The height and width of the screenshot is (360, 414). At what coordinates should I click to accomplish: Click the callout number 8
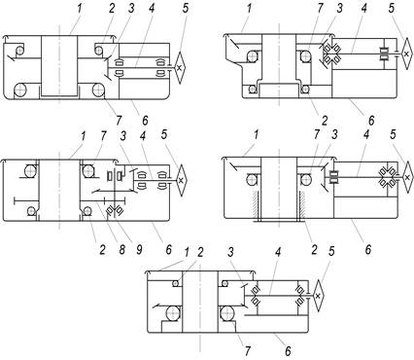point(121,250)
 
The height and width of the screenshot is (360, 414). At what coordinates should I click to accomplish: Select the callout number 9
point(138,250)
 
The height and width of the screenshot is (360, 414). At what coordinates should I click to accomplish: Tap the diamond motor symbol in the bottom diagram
point(318,296)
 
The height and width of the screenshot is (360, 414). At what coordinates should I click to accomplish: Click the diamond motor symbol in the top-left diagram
point(179,67)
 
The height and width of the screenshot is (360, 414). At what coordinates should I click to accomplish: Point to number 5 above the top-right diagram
point(392,9)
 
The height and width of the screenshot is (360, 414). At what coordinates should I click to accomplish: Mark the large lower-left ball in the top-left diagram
point(20,90)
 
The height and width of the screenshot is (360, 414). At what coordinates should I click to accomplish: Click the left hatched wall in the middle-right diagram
point(255,204)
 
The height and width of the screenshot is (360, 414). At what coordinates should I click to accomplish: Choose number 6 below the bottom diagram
point(288,351)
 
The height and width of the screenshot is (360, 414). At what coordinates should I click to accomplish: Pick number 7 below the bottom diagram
point(248,351)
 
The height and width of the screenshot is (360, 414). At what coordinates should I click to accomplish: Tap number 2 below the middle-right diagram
point(314,250)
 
